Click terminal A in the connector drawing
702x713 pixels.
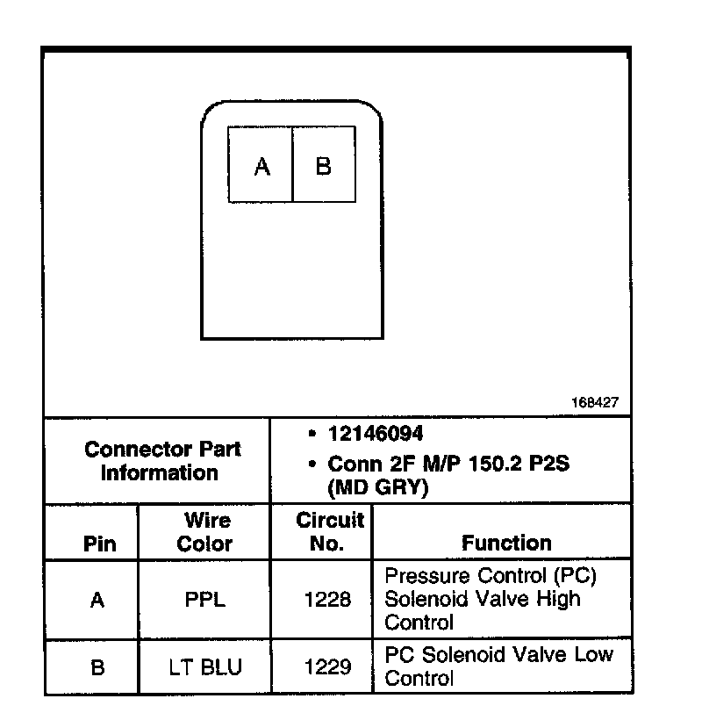(x=261, y=166)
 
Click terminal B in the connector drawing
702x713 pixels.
(x=323, y=166)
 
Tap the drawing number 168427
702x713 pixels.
(x=596, y=403)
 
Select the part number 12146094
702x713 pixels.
(x=375, y=434)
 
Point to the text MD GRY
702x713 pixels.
(x=377, y=488)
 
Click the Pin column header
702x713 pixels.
(x=99, y=544)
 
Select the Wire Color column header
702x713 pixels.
(x=204, y=532)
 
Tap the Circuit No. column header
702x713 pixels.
(x=328, y=532)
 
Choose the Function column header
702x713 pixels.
(x=506, y=544)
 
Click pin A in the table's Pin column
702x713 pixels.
(x=97, y=601)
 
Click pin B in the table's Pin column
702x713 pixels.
(x=97, y=667)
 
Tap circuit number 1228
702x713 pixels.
(x=327, y=601)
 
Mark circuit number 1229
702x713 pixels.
(x=327, y=667)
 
